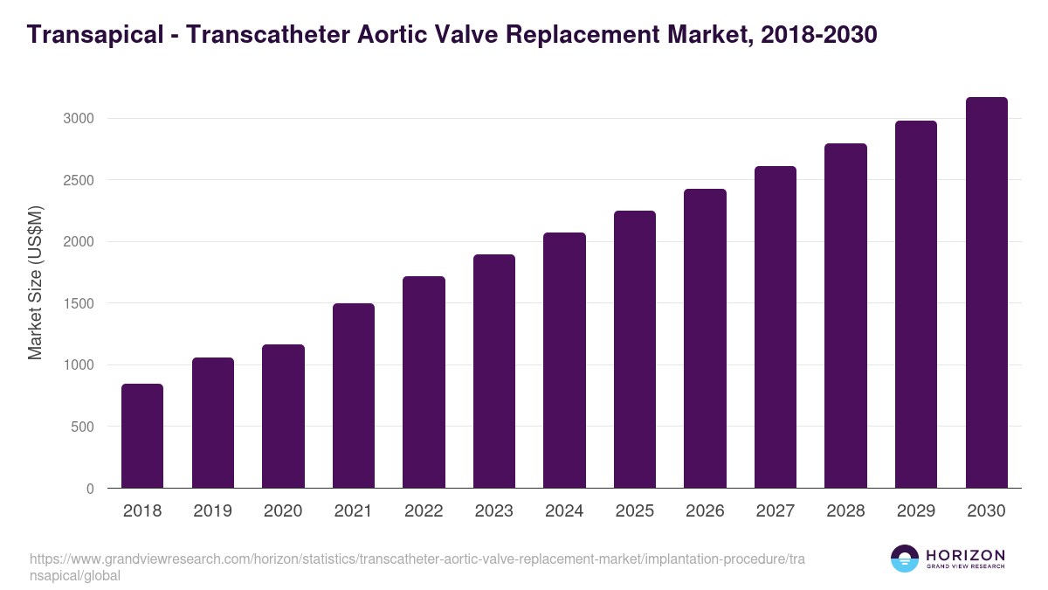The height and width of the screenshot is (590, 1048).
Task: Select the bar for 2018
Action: click(142, 436)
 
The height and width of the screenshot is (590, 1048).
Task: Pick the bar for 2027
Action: click(775, 327)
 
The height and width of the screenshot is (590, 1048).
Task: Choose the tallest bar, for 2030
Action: click(986, 293)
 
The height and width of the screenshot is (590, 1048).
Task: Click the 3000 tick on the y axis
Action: click(78, 118)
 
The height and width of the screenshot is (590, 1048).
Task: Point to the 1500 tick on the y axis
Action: click(78, 303)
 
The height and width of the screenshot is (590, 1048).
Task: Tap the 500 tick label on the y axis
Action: click(82, 427)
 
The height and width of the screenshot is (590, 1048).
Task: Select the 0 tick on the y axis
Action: click(90, 489)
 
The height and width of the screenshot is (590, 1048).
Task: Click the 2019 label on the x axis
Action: click(212, 511)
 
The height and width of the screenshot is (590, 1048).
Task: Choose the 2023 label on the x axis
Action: click(493, 511)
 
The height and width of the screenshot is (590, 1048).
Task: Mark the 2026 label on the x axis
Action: click(705, 511)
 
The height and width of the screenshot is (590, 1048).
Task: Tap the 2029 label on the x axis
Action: click(915, 511)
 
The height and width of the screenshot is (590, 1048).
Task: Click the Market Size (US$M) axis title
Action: click(36, 282)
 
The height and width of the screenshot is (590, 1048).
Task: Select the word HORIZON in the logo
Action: click(965, 555)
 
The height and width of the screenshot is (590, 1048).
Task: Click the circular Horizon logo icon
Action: click(905, 559)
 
